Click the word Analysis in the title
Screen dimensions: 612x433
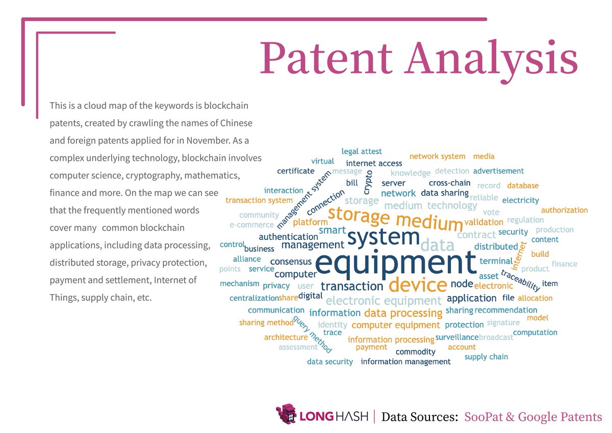(x=492, y=57)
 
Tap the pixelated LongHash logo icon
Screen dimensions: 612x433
(x=286, y=414)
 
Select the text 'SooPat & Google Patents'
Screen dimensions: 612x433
(x=533, y=417)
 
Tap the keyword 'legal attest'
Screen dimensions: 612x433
(x=362, y=152)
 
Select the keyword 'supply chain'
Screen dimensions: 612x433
(x=486, y=357)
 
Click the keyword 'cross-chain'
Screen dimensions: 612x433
(x=449, y=183)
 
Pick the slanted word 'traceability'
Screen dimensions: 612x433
(x=520, y=280)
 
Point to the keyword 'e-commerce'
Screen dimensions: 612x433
(x=251, y=225)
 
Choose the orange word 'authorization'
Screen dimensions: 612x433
(x=564, y=210)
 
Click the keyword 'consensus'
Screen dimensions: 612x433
(x=291, y=262)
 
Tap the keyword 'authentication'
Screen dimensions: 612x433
(x=288, y=237)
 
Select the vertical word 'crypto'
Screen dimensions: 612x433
(x=368, y=182)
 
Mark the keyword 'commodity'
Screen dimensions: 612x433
(x=416, y=352)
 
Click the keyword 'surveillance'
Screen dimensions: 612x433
(x=457, y=337)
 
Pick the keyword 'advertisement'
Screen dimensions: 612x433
(x=498, y=171)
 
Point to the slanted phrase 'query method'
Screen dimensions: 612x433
(x=312, y=334)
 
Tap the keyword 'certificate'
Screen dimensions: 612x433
(x=296, y=171)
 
